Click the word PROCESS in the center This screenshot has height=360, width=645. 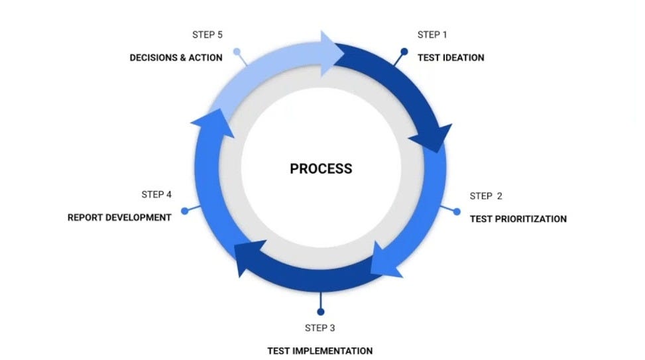pos(321,168)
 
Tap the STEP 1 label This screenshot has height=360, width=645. pos(432,34)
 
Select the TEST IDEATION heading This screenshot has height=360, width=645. pos(451,58)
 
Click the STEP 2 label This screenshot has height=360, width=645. pos(486,196)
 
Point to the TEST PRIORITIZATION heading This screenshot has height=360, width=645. pos(518,219)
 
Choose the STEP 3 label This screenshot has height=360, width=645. pos(320,328)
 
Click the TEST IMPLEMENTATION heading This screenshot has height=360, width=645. pos(320,351)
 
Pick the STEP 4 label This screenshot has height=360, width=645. pos(156,194)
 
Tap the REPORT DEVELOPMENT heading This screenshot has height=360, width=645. pos(119,217)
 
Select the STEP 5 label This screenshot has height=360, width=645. pos(207,34)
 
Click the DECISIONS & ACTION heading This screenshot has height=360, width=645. pos(176,58)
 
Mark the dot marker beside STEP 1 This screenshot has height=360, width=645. pos(404,51)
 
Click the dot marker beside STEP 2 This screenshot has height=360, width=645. pos(456,211)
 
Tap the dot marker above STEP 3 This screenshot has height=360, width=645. pos(320,311)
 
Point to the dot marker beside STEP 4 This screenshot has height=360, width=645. pos(185,211)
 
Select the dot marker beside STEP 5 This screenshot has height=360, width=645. pos(237,51)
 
